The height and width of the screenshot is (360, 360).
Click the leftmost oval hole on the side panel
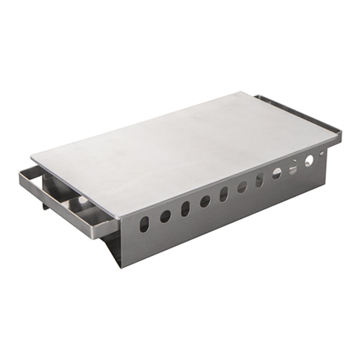tap(145, 224)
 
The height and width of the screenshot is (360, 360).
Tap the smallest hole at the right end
tap(321, 153)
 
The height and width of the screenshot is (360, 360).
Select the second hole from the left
tap(165, 216)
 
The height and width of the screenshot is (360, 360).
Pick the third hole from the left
tap(185, 209)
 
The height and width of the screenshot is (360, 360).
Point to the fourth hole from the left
tap(205, 201)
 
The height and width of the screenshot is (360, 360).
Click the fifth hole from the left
tap(223, 194)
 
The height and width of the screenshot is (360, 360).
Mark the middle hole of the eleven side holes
tap(242, 187)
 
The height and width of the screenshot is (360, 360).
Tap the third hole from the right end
tap(293, 166)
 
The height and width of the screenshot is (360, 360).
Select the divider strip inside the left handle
tap(73, 204)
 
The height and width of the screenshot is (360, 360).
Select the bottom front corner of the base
tap(121, 267)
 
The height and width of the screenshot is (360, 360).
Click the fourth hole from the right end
tap(277, 174)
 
